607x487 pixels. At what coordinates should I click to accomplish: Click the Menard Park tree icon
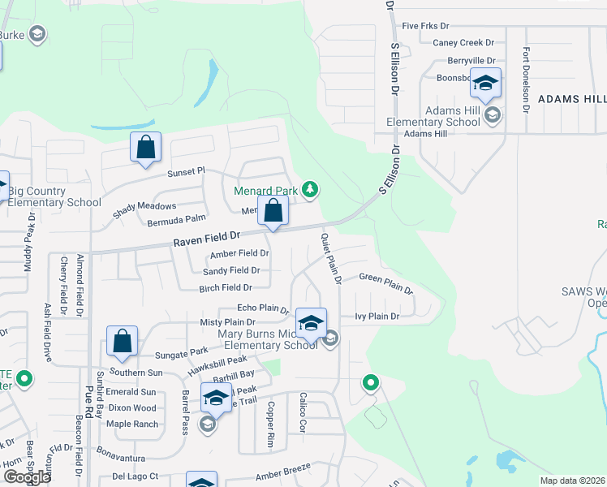pos(309,190)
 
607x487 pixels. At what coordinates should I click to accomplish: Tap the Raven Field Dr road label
pos(208,237)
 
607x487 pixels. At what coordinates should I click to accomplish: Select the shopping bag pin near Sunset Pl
pos(145,148)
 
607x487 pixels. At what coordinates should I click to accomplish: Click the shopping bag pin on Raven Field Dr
pos(273,211)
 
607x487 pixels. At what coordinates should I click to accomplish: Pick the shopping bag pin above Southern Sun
pos(122,341)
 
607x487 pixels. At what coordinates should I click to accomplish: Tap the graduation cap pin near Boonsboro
pos(485,84)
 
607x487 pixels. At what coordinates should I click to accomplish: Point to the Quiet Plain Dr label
pos(329,258)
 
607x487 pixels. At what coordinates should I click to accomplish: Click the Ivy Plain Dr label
pos(377,317)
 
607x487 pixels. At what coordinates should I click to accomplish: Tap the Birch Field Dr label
pos(226,287)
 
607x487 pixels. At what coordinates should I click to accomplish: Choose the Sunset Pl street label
pos(187,172)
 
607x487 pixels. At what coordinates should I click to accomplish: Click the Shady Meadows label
pos(145,207)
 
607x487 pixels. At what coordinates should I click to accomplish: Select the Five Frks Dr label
pos(425,26)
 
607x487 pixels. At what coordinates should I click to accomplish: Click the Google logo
pos(26,477)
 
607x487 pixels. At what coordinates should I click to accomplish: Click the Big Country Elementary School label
pos(55,197)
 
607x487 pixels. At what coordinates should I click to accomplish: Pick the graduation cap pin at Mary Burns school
pos(311,324)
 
